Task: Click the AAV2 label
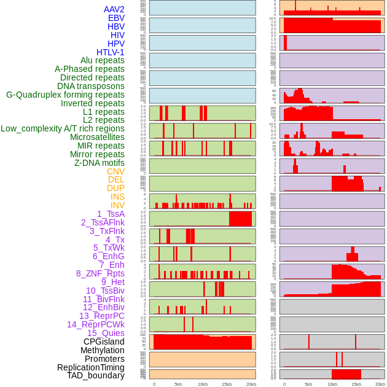point(114,9)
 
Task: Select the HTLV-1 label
point(110,52)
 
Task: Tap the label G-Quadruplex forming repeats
point(65,95)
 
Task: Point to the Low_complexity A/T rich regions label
point(63,128)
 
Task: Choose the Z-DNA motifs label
point(99,163)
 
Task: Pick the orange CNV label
point(115,171)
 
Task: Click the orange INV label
point(117,205)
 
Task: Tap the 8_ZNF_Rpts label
point(100,273)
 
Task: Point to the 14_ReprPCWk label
point(96,324)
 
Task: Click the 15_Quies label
point(106,333)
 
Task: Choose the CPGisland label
point(104,342)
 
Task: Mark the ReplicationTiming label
point(91,367)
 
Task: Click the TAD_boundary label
point(95,375)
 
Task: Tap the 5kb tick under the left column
point(178,384)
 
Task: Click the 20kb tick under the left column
point(251,384)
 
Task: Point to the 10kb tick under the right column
point(332,384)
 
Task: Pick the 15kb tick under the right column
point(356,384)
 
